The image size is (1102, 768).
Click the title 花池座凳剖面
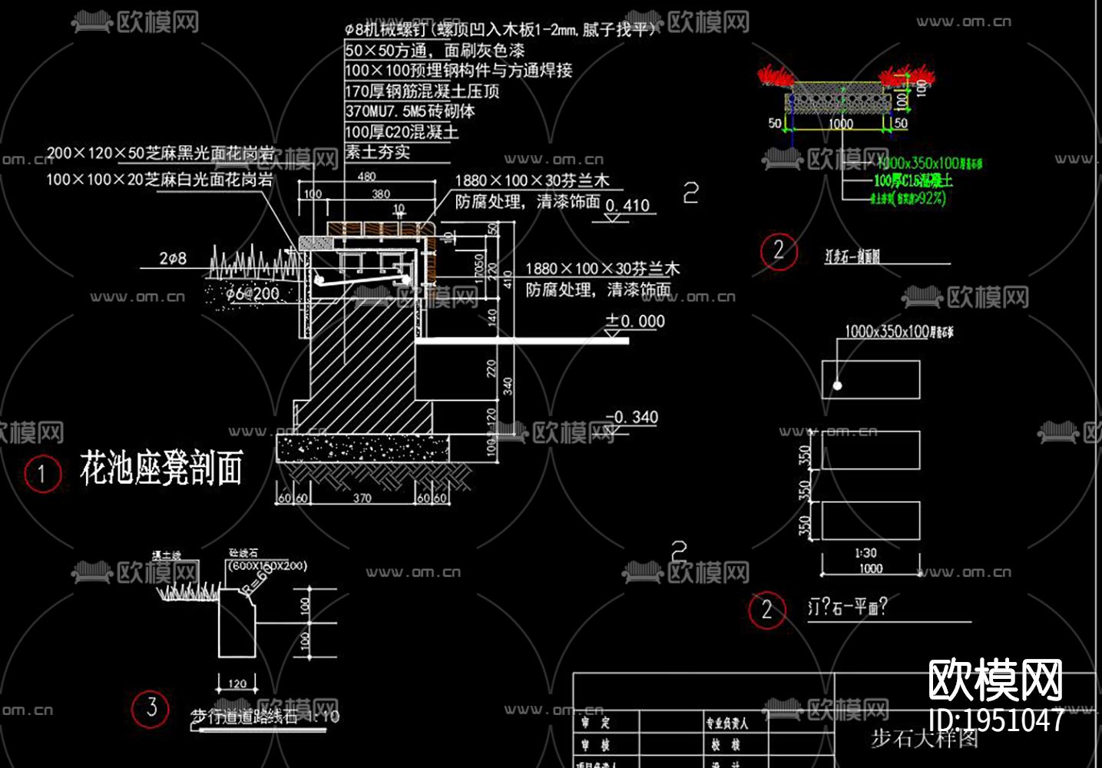tap(161, 468)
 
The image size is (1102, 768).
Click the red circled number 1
tap(41, 474)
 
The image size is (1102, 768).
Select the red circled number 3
tap(151, 707)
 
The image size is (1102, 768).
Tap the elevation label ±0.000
tap(635, 321)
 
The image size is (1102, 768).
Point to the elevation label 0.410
tap(627, 205)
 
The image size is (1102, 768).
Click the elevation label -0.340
tap(632, 417)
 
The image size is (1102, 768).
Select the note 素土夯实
tap(377, 152)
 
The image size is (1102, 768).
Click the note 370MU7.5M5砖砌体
tap(409, 111)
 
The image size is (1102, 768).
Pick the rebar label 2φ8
tap(173, 259)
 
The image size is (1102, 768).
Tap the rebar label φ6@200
tap(253, 293)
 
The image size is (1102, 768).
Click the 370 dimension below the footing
tap(362, 498)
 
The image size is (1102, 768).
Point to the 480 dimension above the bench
tap(367, 177)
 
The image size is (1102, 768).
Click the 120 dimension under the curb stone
tap(237, 683)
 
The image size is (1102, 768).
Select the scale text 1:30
tap(865, 553)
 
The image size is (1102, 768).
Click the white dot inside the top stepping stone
tap(837, 386)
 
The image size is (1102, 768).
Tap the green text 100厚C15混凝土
tap(913, 180)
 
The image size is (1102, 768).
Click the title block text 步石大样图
tap(924, 738)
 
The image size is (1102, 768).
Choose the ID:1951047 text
tap(996, 720)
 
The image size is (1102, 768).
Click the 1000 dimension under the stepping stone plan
tap(870, 569)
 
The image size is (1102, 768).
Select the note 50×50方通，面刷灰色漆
tap(435, 51)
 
